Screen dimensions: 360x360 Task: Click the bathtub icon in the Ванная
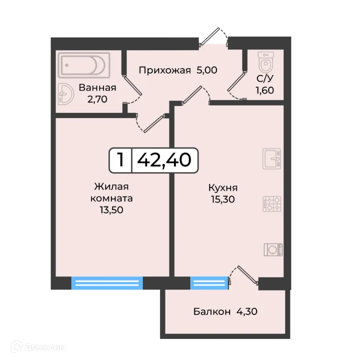tap(84, 65)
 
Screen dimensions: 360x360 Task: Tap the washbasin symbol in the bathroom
tap(65, 94)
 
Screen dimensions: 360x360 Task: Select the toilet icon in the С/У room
tap(266, 61)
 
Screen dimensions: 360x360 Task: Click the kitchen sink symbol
tap(272, 159)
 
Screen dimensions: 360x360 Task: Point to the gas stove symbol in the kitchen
tap(272, 204)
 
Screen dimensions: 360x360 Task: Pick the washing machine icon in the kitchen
tap(273, 250)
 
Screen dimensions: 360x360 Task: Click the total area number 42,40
tap(164, 160)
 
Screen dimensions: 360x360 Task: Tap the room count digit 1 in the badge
tap(120, 160)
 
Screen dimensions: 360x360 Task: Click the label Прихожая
tap(164, 70)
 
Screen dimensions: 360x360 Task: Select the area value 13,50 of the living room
tap(111, 210)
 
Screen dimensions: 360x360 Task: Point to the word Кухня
tap(223, 188)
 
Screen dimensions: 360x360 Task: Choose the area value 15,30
tap(223, 199)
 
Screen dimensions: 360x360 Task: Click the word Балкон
tap(212, 311)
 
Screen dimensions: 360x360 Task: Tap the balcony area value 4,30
tap(247, 311)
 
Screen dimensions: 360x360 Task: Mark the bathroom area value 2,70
tap(97, 99)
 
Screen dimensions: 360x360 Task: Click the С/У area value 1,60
tap(265, 90)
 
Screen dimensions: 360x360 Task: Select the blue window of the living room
tap(107, 283)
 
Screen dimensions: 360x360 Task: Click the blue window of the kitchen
tap(209, 283)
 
